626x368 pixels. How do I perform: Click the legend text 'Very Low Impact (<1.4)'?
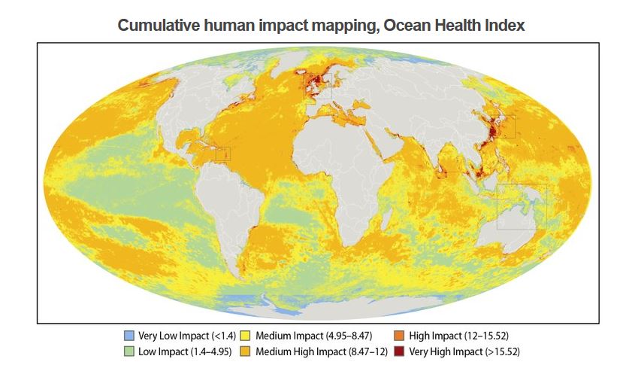click(183, 335)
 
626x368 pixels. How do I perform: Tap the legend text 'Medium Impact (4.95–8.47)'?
click(309, 335)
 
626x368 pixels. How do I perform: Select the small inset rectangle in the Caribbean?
click(222, 154)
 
